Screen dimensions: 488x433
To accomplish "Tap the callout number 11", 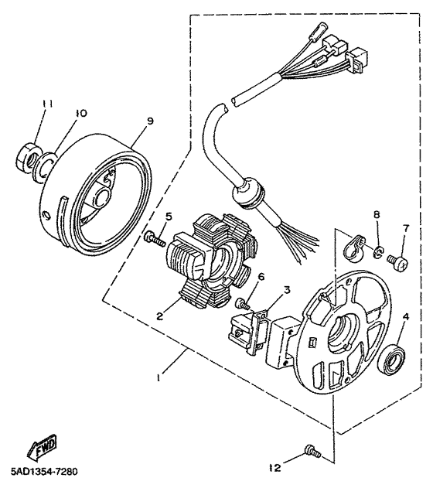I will (45, 104).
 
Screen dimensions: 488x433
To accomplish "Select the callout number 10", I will (78, 113).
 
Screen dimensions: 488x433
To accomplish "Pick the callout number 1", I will (159, 379).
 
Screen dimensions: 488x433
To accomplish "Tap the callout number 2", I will (159, 316).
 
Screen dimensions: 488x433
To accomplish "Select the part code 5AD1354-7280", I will (44, 471).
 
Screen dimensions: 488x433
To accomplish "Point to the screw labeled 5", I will (155, 241).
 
